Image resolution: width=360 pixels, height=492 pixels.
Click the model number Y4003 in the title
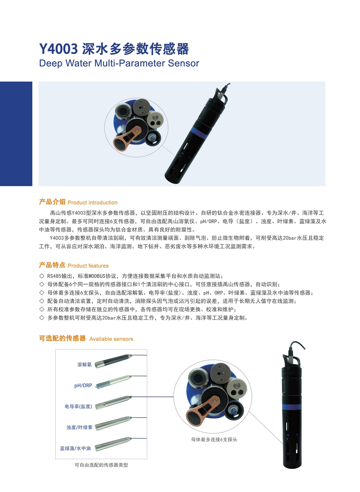point(58,49)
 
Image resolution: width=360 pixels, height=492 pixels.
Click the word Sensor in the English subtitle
point(183,63)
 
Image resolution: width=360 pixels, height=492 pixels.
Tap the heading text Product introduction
point(93,203)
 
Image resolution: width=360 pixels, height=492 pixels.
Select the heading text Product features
point(88,266)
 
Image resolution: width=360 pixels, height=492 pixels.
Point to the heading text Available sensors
point(111,339)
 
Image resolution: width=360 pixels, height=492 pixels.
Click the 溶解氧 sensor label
point(85,364)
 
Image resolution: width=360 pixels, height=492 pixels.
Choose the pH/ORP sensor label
point(83,385)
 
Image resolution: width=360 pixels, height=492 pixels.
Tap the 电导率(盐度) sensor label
point(78,406)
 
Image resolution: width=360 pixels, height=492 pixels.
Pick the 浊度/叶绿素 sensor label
point(80,428)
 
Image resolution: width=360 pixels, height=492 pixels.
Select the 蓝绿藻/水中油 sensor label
point(76,448)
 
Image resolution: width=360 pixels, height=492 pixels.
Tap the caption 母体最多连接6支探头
point(214,439)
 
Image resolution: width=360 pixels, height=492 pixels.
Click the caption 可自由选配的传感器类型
point(101,465)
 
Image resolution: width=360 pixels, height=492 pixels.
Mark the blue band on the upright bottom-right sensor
point(292,407)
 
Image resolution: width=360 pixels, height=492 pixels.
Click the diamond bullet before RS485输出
point(42,276)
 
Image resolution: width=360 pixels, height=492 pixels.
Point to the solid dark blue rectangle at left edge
point(16,134)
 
